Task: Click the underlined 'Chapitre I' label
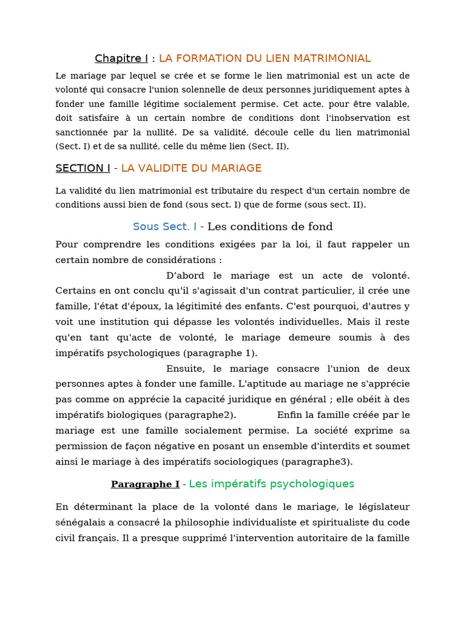click(x=121, y=58)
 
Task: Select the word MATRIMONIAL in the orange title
click(x=332, y=58)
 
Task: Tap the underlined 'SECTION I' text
click(x=83, y=168)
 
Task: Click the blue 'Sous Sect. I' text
click(x=164, y=227)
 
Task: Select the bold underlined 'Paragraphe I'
click(x=145, y=484)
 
